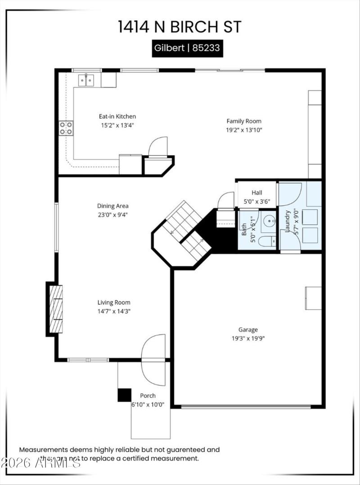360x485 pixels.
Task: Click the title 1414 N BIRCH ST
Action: (x=180, y=27)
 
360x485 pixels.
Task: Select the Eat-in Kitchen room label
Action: (x=117, y=116)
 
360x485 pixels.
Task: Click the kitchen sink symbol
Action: (x=86, y=80)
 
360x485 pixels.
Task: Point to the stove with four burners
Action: (x=66, y=128)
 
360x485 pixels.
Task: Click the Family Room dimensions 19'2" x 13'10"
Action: (x=243, y=130)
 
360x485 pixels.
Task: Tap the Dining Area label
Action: (x=113, y=206)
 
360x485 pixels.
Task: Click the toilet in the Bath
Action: (x=267, y=242)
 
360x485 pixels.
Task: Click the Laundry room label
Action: (x=287, y=221)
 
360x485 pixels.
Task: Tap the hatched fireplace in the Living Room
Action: (x=55, y=309)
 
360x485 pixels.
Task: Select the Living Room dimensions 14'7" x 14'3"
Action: (x=114, y=311)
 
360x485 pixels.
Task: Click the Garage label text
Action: (x=248, y=330)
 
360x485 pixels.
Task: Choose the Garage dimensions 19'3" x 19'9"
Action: (x=248, y=338)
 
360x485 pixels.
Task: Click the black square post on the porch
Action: (x=124, y=395)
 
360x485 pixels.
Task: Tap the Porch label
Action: (x=148, y=395)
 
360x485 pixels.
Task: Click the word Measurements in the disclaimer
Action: (x=43, y=449)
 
